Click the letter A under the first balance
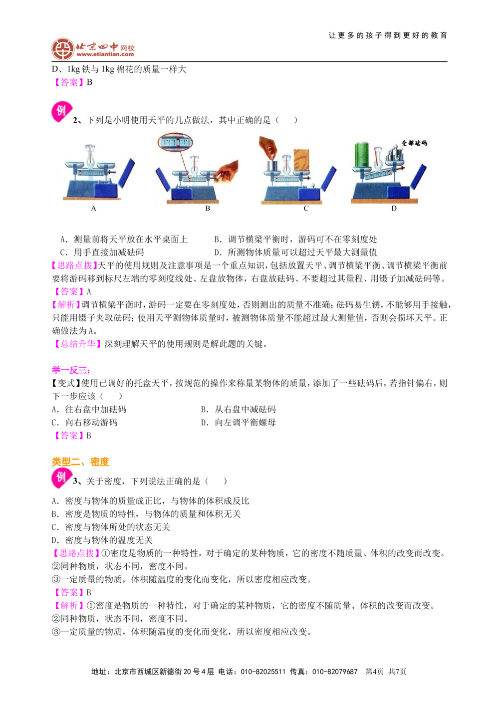tap(93, 209)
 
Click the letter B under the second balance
tap(208, 209)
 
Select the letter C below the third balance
tap(306, 209)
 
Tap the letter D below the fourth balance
tap(394, 209)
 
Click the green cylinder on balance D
tap(362, 154)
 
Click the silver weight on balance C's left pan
tap(272, 165)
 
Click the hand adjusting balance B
tap(228, 171)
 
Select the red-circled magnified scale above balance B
tap(175, 142)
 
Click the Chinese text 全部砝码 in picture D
tap(414, 143)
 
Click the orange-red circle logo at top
tap(62, 49)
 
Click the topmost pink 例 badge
tap(61, 111)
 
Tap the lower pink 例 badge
tap(61, 477)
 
